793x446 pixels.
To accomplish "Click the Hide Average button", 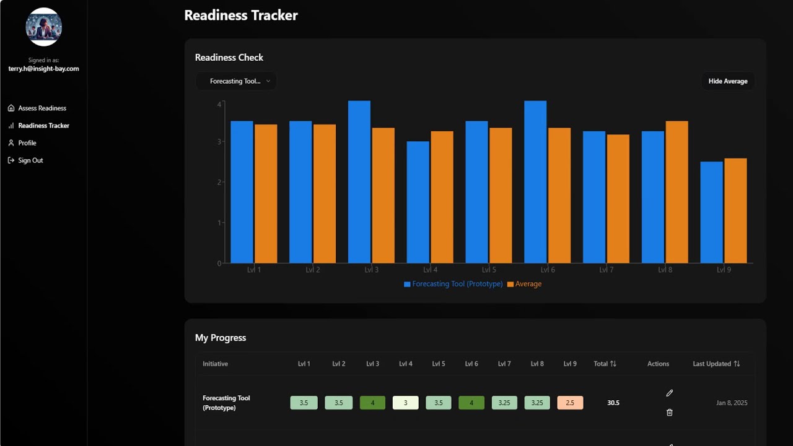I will coord(727,81).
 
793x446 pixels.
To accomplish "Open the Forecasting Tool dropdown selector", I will coord(236,81).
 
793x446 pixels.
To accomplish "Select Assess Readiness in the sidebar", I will coord(42,108).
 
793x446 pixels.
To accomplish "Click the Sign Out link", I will coord(30,160).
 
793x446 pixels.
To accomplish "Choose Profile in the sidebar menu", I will coord(27,143).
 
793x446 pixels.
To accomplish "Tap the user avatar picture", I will coord(43,27).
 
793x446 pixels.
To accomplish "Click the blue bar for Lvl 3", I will coord(359,182).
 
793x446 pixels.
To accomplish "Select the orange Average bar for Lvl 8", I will coord(677,192).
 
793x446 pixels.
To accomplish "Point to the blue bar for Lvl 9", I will coord(711,212).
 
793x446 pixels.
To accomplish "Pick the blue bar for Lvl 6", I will coord(535,182).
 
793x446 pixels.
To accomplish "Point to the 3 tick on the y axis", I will coord(219,142).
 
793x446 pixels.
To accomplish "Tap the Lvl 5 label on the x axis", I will coord(489,270).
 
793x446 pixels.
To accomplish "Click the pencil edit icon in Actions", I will coord(669,393).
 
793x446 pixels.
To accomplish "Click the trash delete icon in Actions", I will coord(669,413).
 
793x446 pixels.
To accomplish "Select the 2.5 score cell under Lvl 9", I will coord(570,403).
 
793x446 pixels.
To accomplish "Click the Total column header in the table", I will coord(605,364).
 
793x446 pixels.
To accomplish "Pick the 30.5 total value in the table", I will coord(613,403).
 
